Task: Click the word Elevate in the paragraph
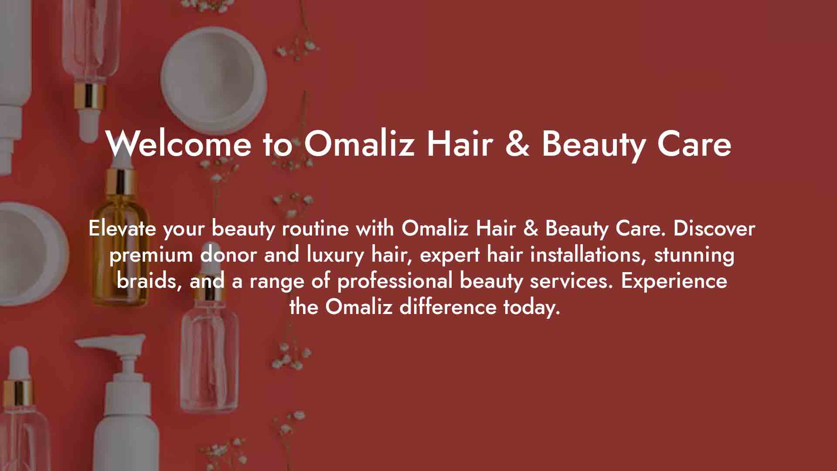pyautogui.click(x=122, y=228)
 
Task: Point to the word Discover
pyautogui.click(x=714, y=228)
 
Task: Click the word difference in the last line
pyautogui.click(x=448, y=307)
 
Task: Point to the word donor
pyautogui.click(x=228, y=255)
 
